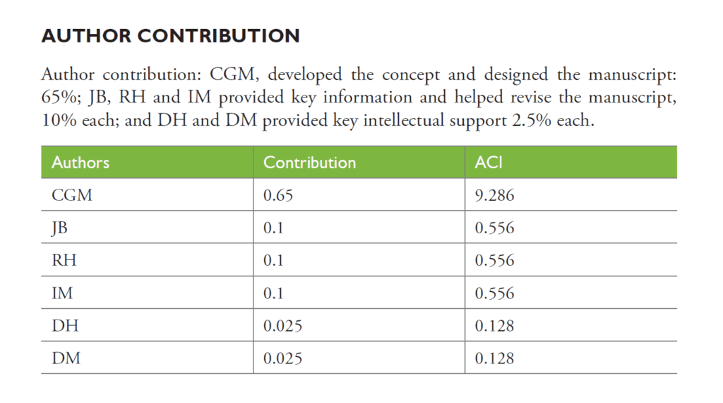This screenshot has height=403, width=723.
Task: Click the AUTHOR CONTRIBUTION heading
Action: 170,36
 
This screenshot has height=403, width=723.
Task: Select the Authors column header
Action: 80,162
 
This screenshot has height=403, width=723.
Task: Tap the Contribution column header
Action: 309,162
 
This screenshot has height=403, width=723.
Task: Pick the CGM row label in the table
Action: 72,195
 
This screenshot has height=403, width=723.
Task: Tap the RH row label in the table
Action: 64,260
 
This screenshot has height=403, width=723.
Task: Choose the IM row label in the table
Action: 62,293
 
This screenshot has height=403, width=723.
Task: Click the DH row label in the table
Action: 64,325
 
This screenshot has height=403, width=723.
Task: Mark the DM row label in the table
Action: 66,358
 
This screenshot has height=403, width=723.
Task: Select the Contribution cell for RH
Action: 273,260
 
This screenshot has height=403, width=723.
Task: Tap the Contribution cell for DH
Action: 282,325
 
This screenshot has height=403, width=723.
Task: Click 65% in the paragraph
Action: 56,98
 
